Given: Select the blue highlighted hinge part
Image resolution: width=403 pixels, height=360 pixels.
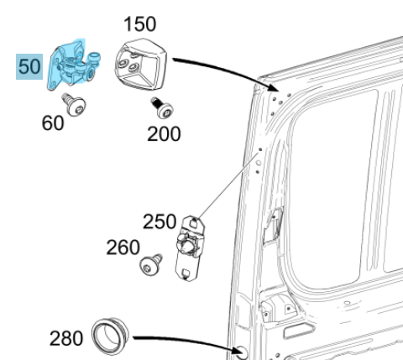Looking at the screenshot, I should coord(71,68).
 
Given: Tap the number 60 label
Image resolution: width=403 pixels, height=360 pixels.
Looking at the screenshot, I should coord(52,123).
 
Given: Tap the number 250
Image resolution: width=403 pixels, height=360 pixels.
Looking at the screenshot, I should coord(160,222).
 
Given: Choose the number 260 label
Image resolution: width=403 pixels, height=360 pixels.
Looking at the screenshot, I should coord(123,248).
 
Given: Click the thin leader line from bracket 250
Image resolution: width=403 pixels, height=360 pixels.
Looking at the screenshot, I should coord(227,185).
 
